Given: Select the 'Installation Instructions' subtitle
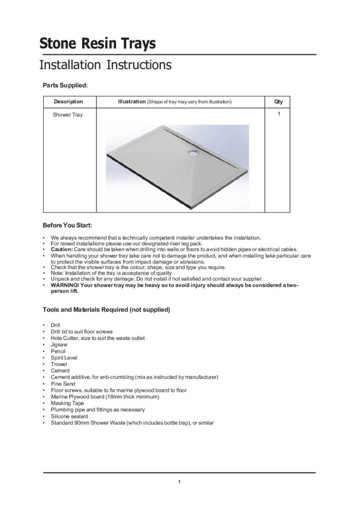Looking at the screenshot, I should tap(105, 65).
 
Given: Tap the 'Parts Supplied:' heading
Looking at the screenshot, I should tap(65, 85).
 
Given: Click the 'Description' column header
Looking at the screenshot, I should tap(69, 102).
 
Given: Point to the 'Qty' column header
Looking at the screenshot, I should tap(279, 102).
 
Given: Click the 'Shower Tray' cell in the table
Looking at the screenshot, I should tap(68, 115).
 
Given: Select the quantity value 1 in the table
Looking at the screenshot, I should tap(279, 114).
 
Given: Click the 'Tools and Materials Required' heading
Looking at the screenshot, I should tap(106, 310).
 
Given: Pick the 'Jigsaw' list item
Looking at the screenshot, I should tap(59, 344).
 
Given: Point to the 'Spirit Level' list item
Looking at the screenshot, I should tap(64, 357).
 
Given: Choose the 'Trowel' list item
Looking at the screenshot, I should tap(59, 364).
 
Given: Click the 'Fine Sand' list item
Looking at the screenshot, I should tap(63, 383).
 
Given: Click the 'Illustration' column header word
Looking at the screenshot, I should tap(131, 102).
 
